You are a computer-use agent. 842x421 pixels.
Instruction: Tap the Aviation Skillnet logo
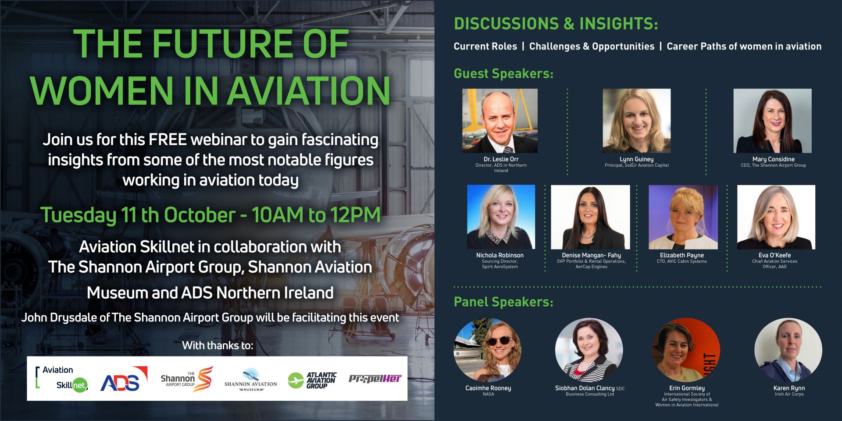(x=62, y=378)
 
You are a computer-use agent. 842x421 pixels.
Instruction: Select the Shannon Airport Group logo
(x=186, y=379)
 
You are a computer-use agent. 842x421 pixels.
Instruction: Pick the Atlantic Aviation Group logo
(x=312, y=380)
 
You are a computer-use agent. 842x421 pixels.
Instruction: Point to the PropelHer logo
(x=375, y=378)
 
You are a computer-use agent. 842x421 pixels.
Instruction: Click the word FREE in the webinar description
(x=168, y=139)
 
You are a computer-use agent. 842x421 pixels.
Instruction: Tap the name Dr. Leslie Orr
(x=501, y=159)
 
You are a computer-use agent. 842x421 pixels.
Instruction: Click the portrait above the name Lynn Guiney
(x=636, y=121)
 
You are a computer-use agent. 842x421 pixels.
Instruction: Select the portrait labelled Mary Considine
(x=772, y=121)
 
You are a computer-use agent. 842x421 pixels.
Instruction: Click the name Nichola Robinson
(x=500, y=255)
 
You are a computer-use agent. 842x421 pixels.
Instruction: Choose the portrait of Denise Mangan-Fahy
(x=590, y=217)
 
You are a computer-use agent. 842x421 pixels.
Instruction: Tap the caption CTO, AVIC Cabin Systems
(x=681, y=261)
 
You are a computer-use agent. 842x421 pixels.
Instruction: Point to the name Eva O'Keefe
(x=774, y=255)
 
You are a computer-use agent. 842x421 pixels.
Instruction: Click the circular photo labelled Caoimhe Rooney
(x=488, y=350)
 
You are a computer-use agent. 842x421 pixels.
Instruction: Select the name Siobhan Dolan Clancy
(x=585, y=388)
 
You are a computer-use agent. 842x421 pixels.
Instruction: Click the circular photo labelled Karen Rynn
(x=788, y=350)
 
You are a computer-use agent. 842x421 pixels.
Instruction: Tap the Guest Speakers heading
(x=503, y=74)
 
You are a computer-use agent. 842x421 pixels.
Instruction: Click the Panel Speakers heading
(x=503, y=302)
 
